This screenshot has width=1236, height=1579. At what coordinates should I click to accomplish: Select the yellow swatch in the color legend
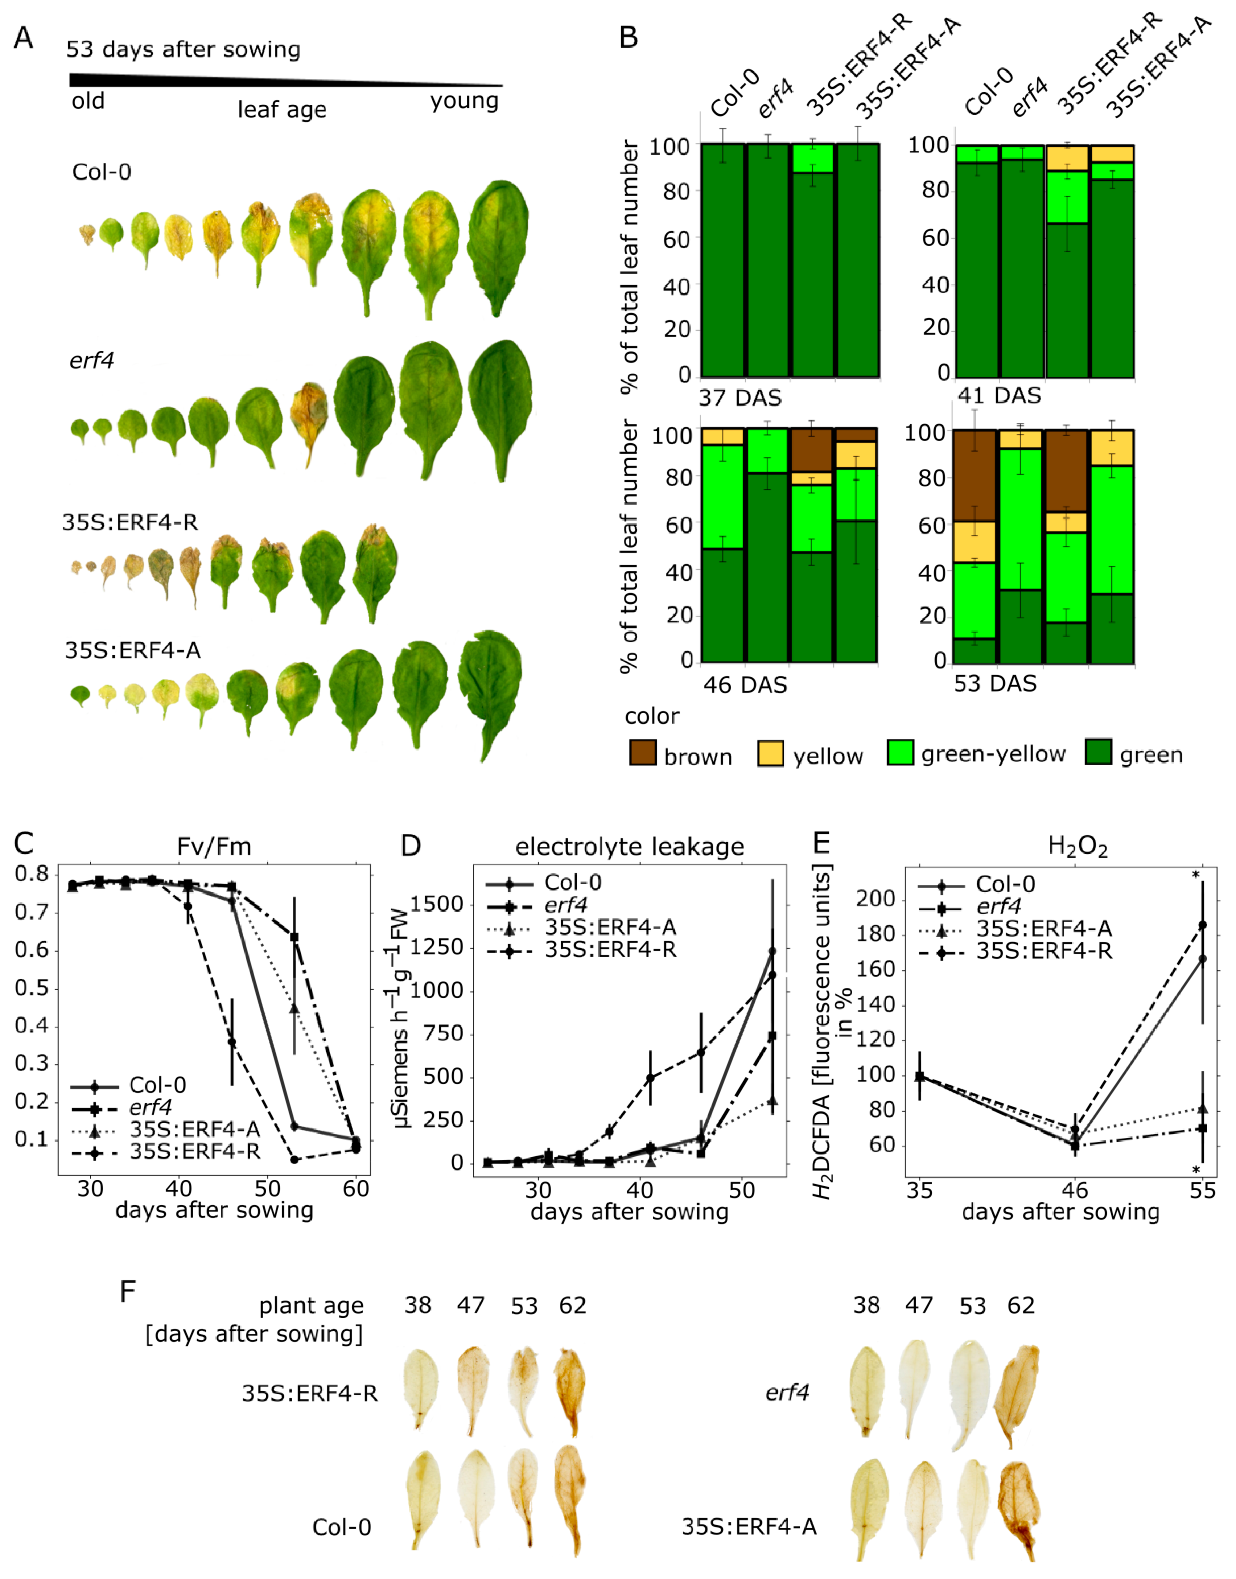770,753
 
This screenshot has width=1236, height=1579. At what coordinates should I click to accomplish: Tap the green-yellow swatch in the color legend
900,753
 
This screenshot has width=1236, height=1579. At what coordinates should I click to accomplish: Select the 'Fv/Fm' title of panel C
214,846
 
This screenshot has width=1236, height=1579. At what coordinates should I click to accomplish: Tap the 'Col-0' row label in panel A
101,172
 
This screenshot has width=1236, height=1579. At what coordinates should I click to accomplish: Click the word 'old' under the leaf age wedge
87,101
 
